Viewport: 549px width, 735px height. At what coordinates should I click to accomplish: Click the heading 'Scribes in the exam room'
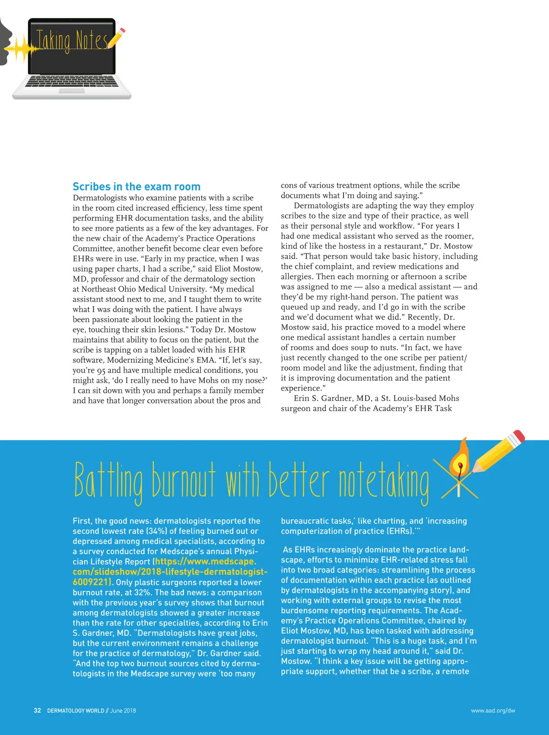click(x=136, y=187)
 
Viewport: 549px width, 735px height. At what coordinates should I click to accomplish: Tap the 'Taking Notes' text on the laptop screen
click(x=72, y=41)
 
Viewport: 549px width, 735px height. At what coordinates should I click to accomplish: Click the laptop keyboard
click(x=72, y=81)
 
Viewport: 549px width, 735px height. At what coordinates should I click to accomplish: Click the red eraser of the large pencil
click(x=518, y=436)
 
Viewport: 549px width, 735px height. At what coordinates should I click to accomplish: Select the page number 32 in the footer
click(x=37, y=711)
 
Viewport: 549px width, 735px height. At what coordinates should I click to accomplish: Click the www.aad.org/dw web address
click(x=493, y=711)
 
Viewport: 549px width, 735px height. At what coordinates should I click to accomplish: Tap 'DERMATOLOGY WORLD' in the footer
click(x=75, y=711)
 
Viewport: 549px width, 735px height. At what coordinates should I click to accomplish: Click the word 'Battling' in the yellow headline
click(x=108, y=481)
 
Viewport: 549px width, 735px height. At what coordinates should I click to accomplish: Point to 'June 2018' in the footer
click(x=123, y=711)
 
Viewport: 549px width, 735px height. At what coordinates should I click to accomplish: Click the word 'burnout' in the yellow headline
click(x=183, y=481)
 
